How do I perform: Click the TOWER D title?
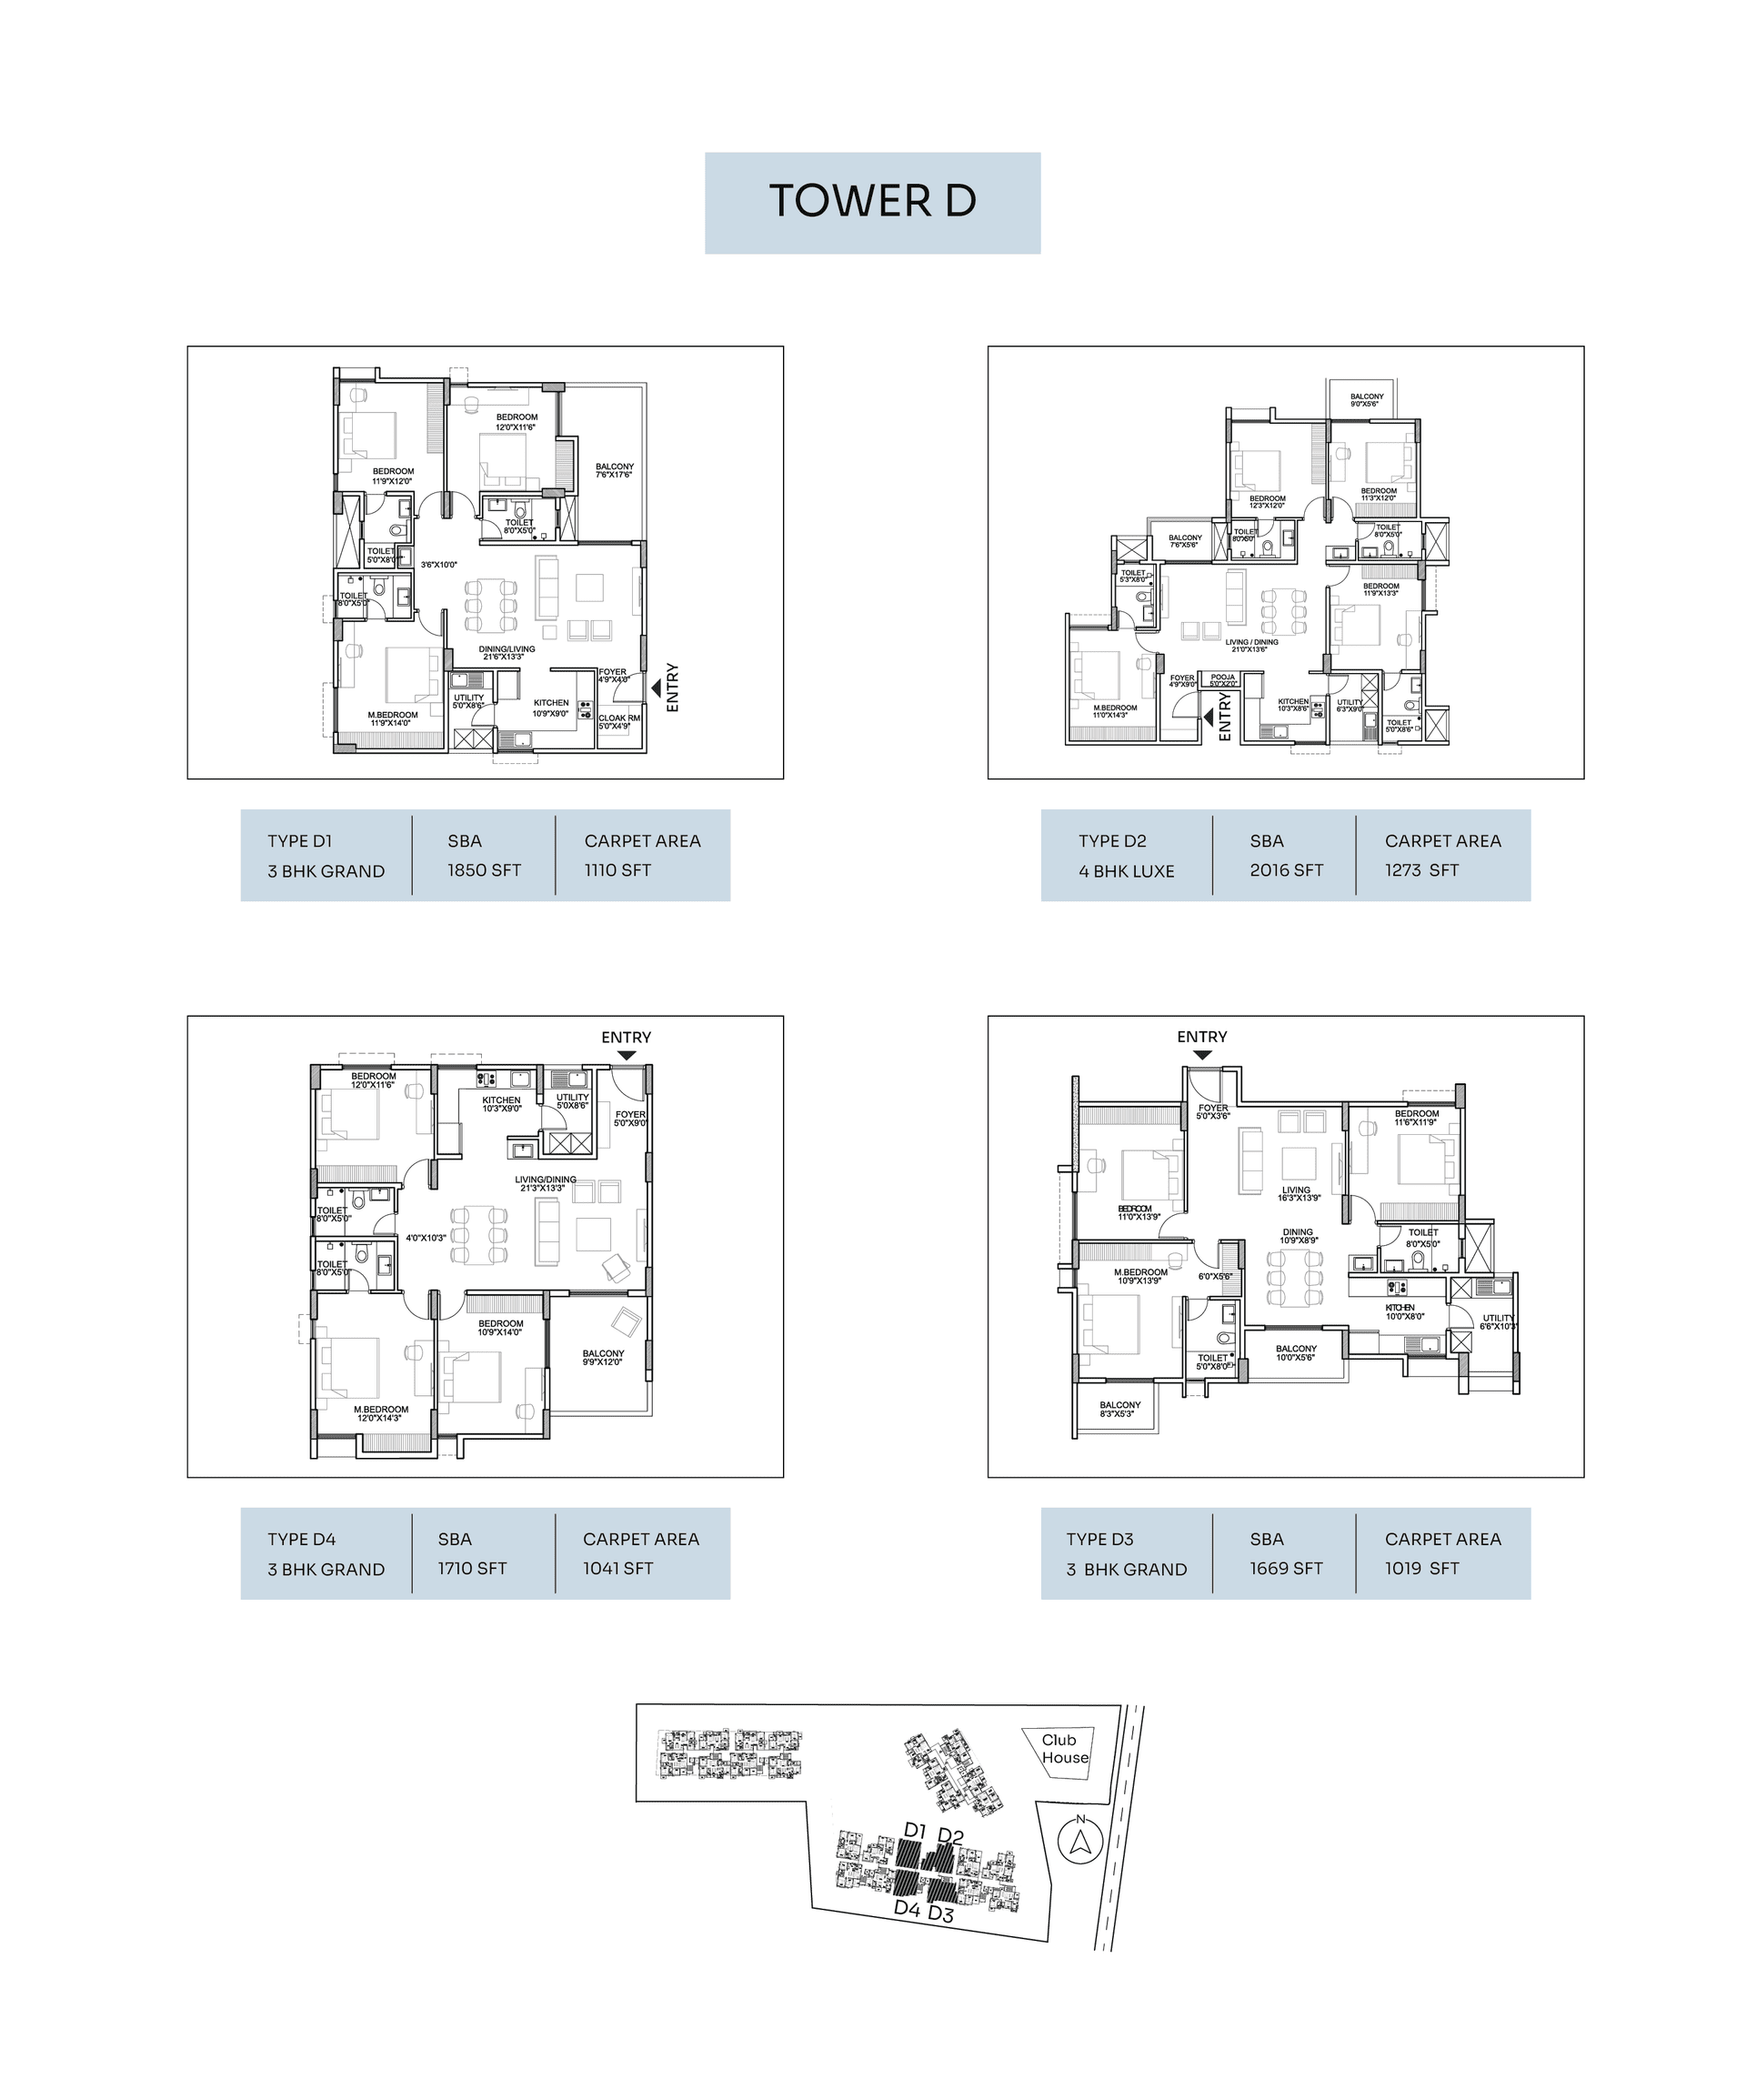click(x=872, y=201)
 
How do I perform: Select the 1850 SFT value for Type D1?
click(x=484, y=870)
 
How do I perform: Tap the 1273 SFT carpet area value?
click(x=1420, y=870)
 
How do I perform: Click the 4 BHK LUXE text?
click(x=1126, y=871)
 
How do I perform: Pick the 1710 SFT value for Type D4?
click(x=472, y=1569)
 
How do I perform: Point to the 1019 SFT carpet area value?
click(x=1420, y=1569)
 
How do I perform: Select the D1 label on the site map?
click(x=915, y=1832)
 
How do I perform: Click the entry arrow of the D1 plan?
click(x=656, y=687)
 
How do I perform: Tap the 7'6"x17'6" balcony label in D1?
click(x=614, y=470)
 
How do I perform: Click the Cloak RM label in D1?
click(x=618, y=721)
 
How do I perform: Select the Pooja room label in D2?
click(x=1223, y=680)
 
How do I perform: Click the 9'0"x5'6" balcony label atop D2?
click(x=1366, y=400)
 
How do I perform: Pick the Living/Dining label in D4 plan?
click(x=546, y=1183)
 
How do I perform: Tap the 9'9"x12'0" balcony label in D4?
click(x=603, y=1357)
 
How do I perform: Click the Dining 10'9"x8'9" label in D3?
click(x=1298, y=1236)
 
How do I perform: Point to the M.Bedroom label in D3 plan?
click(x=1140, y=1276)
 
